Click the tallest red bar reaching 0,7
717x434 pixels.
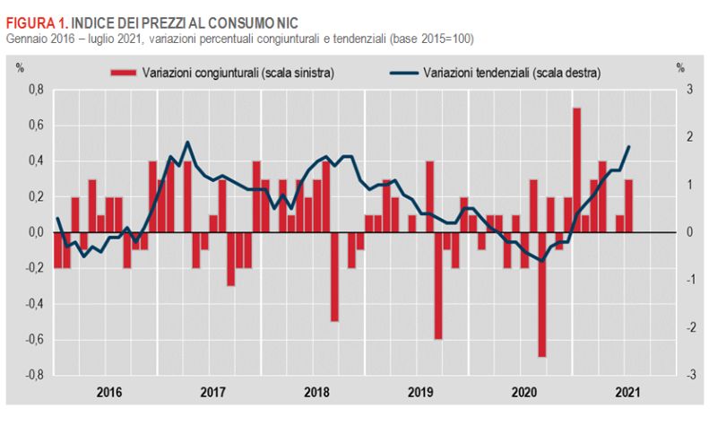(x=576, y=170)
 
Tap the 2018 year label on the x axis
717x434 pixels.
(x=316, y=392)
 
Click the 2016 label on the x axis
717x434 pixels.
(x=108, y=392)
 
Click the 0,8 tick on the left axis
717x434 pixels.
(x=34, y=90)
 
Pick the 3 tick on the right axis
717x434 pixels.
(x=690, y=90)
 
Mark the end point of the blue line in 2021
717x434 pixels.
(x=629, y=146)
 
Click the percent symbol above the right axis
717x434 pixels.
(x=680, y=67)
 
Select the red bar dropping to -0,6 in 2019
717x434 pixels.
(x=438, y=286)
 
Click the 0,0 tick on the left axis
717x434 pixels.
(x=34, y=232)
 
